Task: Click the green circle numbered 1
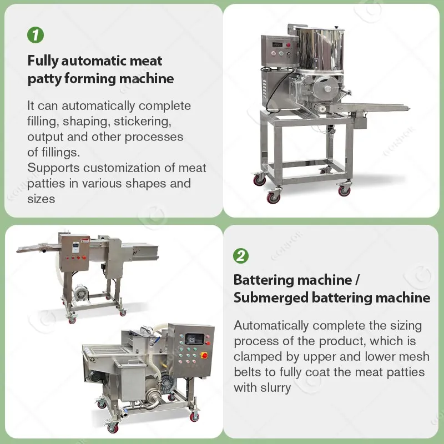[36, 35]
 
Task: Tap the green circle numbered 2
[241, 256]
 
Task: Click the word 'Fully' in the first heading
[43, 61]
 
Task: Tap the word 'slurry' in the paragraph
[275, 388]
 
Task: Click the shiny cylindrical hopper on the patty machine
[320, 49]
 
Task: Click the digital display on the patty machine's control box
[277, 44]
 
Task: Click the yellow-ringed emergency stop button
[204, 355]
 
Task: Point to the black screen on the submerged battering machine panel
[194, 339]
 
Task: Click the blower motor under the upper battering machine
[80, 293]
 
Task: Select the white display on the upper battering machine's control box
[75, 247]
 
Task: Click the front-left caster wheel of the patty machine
[273, 197]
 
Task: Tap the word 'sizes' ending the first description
[41, 199]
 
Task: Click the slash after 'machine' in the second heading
[357, 280]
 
